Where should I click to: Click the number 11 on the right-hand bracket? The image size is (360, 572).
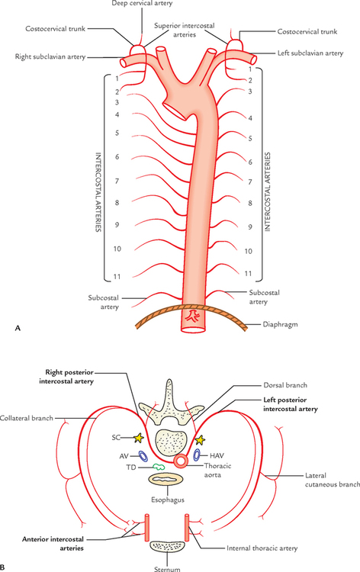click(249, 273)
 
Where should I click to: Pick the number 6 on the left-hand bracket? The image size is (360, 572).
click(117, 156)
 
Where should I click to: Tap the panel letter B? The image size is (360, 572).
click(5, 567)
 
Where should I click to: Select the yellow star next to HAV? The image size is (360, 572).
click(201, 439)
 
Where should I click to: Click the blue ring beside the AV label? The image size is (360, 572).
click(142, 457)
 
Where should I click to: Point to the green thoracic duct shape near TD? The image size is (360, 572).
click(159, 468)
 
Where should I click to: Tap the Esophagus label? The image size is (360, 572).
click(182, 503)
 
